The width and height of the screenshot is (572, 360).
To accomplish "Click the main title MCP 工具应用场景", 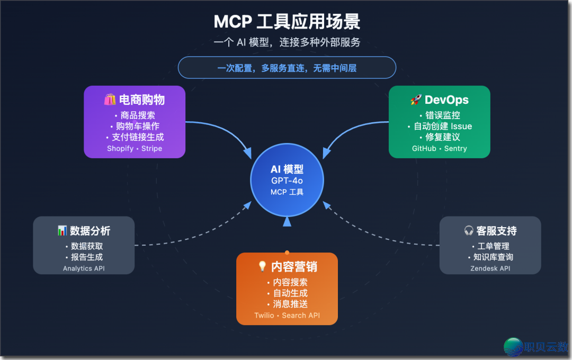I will [x=287, y=22].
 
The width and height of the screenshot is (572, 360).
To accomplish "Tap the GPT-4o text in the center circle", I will [x=287, y=181].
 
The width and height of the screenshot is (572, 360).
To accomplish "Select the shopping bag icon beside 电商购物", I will [x=110, y=100].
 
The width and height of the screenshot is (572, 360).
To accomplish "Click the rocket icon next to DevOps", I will [x=416, y=100].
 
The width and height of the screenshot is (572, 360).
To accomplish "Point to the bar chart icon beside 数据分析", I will [x=62, y=231].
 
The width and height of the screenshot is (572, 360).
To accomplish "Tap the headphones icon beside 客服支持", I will [x=469, y=231].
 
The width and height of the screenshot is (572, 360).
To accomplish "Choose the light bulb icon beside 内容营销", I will [x=262, y=266].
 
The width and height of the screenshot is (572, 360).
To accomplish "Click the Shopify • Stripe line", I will [x=135, y=149].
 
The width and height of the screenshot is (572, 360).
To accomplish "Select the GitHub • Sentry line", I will [x=440, y=149].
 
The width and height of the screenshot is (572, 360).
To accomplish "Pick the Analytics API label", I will [x=84, y=268].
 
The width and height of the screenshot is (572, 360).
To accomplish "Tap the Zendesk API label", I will [x=490, y=268].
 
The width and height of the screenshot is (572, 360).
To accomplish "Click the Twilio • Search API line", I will [x=287, y=316].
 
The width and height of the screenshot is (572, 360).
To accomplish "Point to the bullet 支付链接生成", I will [x=135, y=137].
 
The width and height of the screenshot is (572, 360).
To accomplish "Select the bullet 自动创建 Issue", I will [x=440, y=126].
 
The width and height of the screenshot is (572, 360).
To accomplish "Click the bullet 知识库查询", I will [x=490, y=257].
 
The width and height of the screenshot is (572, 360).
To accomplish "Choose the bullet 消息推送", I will [x=287, y=304].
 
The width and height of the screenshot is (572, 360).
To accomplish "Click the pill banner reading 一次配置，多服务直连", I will [x=287, y=68].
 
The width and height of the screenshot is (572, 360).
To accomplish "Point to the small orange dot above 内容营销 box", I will [x=287, y=253].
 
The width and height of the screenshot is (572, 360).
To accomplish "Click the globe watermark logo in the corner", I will [x=513, y=347].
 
